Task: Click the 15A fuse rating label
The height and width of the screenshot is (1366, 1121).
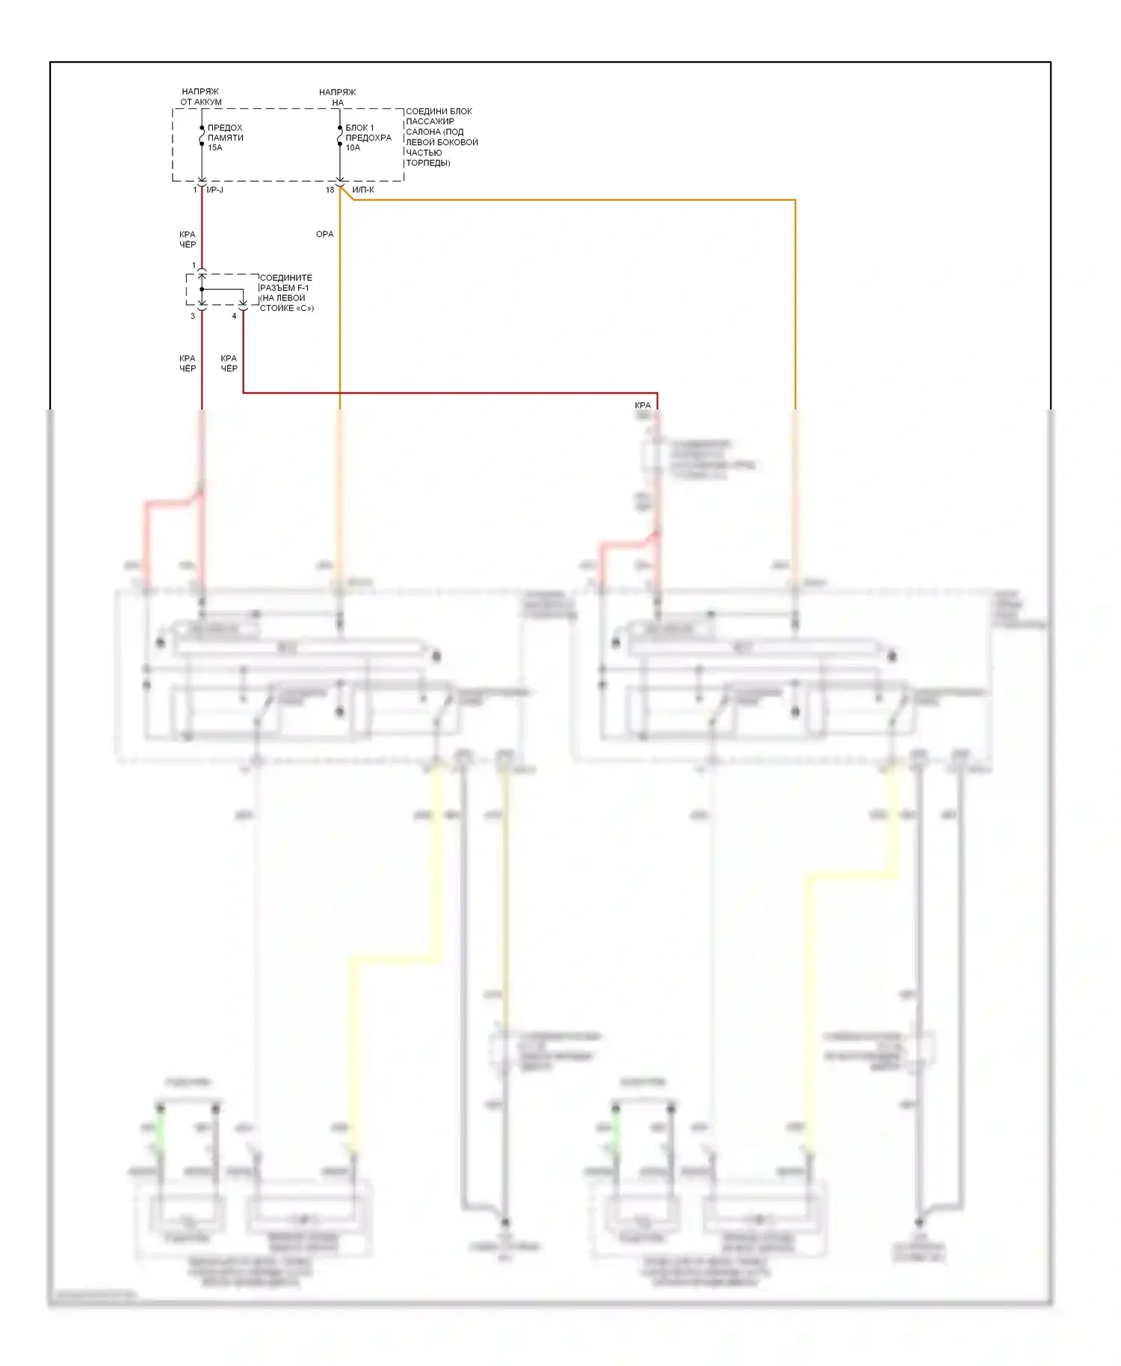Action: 214,148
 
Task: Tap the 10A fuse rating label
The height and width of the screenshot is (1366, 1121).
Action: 353,148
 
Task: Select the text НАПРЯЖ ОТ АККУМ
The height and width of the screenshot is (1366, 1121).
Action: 200,97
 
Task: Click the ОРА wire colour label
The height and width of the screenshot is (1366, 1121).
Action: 324,235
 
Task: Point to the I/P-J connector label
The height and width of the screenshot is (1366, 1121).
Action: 215,190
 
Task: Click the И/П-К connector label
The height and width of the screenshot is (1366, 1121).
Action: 363,190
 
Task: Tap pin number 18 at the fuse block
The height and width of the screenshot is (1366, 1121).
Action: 330,190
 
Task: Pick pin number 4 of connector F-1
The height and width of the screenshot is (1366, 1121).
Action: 234,316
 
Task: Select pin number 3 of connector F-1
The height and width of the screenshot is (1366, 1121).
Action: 192,316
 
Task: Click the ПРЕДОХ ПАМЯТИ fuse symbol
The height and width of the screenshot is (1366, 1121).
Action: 202,136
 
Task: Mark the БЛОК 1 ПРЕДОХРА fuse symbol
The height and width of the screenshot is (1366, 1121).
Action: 340,136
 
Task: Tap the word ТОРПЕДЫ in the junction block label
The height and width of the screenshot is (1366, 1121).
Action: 427,163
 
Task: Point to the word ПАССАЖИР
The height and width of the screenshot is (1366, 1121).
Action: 430,121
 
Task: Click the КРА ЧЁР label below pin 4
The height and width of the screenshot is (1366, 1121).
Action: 229,363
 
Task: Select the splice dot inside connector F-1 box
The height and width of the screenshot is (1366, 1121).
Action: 202,289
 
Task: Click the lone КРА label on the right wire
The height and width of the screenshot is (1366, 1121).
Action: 643,406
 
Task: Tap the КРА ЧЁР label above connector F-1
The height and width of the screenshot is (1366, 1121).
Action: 187,240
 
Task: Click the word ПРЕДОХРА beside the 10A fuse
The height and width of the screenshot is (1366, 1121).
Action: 368,137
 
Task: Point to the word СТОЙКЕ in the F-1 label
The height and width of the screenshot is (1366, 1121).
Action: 277,309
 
